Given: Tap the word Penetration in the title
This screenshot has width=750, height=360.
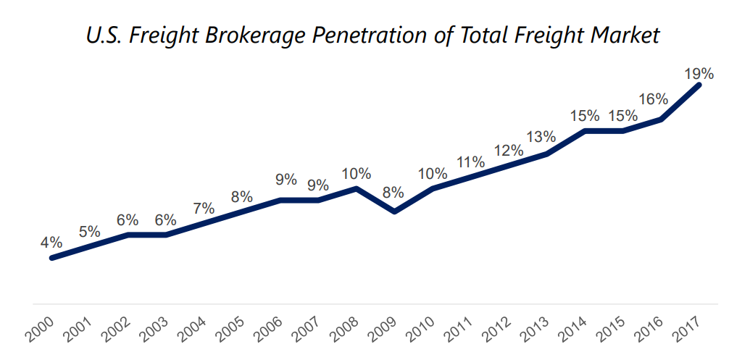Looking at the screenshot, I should pos(375,35).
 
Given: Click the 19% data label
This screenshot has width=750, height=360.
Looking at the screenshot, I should pos(699,74).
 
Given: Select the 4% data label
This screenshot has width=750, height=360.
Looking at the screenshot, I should pos(51,243).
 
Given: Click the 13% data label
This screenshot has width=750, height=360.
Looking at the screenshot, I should pos(541,137).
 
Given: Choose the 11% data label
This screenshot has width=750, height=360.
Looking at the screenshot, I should pos(471,162).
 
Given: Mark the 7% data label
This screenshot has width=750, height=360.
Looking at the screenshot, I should pos(204,208).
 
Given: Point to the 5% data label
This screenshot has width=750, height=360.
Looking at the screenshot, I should pos(89,232).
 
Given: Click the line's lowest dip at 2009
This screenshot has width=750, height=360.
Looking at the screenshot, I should pos(394,212).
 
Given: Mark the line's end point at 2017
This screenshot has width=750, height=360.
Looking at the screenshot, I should pos(699,85).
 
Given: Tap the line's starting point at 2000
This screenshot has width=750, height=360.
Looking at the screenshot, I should pos(51,258).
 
